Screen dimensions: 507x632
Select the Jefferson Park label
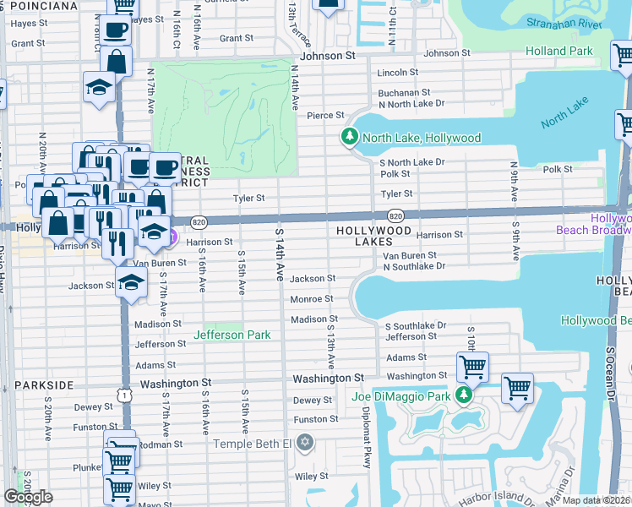pos(232,335)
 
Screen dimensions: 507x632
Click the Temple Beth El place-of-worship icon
pos(305,443)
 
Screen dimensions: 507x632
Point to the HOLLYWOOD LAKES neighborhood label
pos(373,231)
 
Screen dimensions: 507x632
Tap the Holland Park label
pos(558,51)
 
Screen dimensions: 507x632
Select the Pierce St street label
pos(325,115)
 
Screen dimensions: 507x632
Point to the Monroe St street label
pos(312,299)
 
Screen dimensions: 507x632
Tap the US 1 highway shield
pos(125,395)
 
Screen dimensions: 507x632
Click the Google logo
pos(28,497)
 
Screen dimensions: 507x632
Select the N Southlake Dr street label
pos(414,267)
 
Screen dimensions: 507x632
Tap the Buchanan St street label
pos(405,92)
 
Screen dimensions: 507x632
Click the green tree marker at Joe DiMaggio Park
pos(463,395)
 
